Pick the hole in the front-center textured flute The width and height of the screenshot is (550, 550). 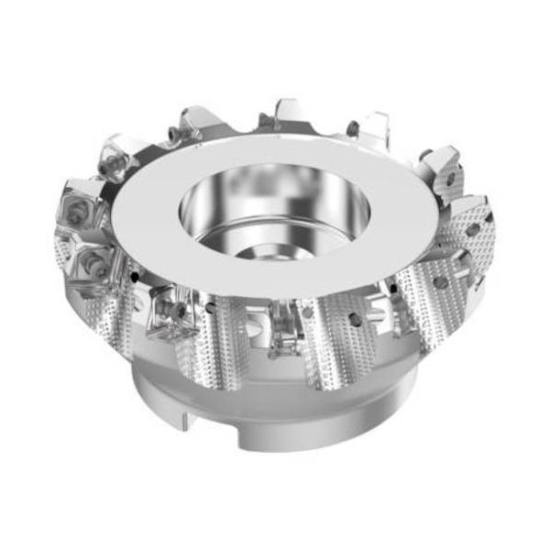[x=308, y=313]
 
